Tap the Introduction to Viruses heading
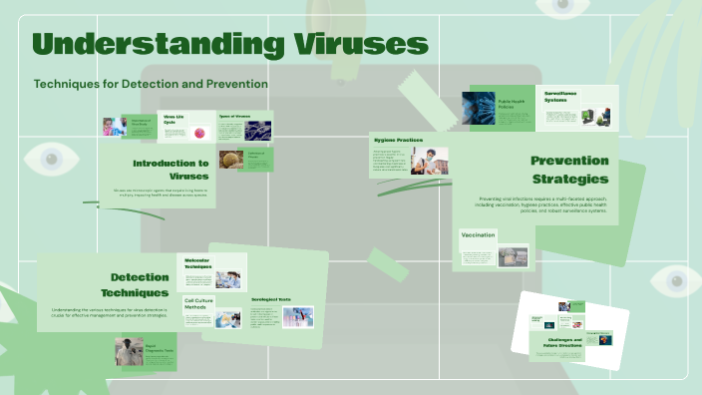click(171, 169)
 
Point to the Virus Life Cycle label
click(175, 120)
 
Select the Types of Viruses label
click(234, 117)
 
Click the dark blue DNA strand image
click(257, 131)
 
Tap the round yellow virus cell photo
click(230, 160)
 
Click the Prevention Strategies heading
click(569, 170)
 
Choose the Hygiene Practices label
click(397, 140)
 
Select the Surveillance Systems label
click(563, 96)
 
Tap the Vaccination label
click(479, 235)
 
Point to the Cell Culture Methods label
click(195, 303)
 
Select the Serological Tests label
click(270, 299)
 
